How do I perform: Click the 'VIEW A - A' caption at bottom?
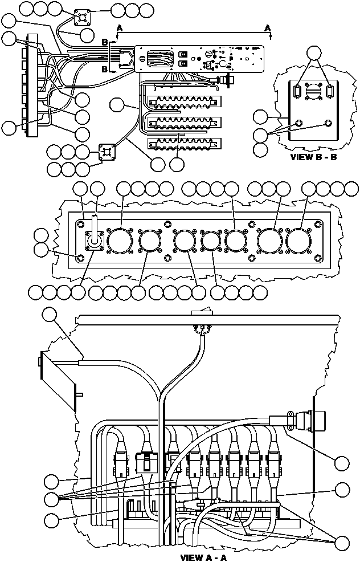[203, 557]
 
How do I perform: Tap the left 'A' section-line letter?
[119, 28]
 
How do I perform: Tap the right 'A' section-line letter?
[268, 28]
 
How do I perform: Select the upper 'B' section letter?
[105, 42]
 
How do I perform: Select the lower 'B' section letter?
[105, 69]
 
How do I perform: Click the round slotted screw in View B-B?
[313, 91]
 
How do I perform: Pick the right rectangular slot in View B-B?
[330, 91]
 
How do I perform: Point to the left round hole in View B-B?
[298, 124]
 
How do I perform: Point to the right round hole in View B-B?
[328, 124]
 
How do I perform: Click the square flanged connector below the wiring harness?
[107, 152]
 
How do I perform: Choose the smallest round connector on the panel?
[211, 241]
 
